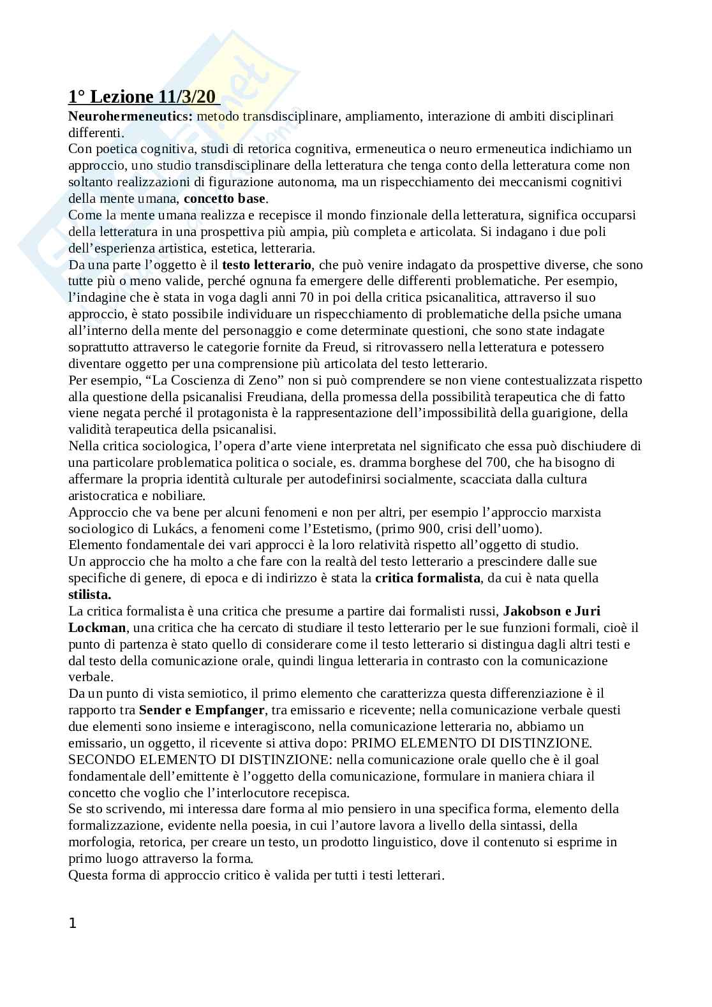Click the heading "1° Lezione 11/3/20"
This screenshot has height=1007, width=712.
[x=143, y=97]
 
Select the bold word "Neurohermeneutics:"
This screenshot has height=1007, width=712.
[x=130, y=116]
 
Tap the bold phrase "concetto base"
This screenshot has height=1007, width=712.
[x=224, y=198]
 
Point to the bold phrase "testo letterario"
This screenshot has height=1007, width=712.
[x=267, y=265]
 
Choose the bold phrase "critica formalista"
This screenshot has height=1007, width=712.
[x=427, y=578]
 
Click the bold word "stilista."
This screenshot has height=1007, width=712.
[x=90, y=595]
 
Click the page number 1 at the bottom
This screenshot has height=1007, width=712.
[x=72, y=923]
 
